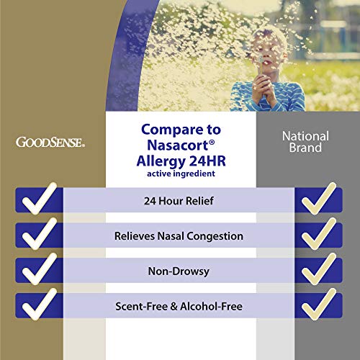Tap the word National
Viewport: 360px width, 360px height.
(305, 136)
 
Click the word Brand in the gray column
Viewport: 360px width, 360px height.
(305, 149)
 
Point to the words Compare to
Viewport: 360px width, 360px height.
(180, 130)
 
